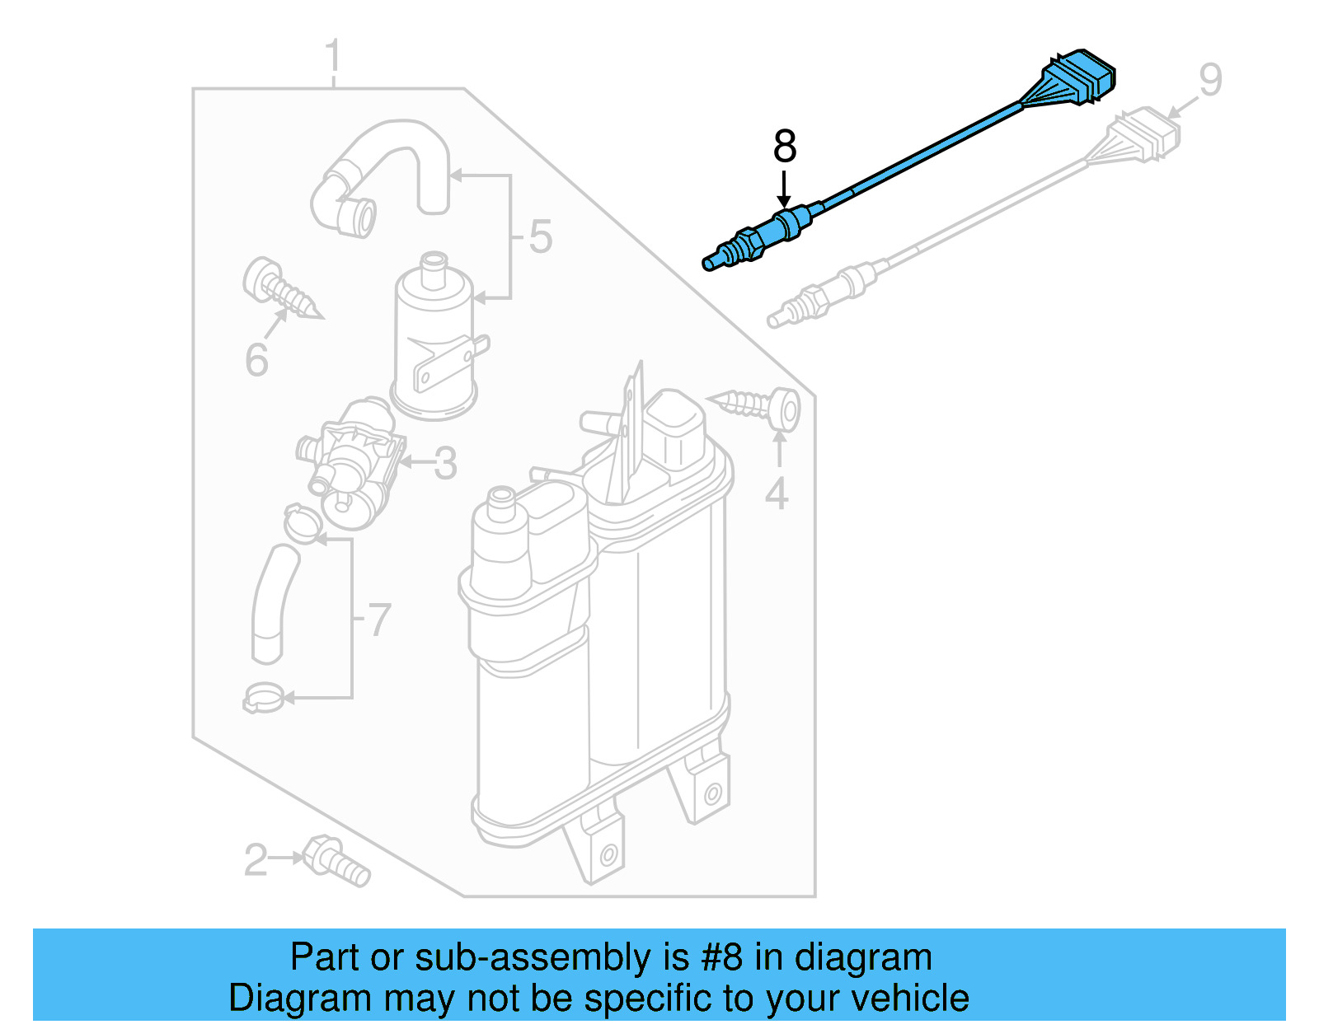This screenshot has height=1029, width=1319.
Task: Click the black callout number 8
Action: point(784,147)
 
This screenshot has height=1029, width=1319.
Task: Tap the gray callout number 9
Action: point(1209,81)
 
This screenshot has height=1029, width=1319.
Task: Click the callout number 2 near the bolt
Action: point(256,860)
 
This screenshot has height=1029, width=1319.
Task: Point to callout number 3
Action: point(445,463)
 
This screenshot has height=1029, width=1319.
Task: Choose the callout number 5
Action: point(540,236)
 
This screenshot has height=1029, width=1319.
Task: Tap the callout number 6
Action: point(256,359)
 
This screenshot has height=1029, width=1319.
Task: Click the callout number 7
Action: point(378,619)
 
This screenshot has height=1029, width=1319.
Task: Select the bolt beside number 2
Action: point(336,861)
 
